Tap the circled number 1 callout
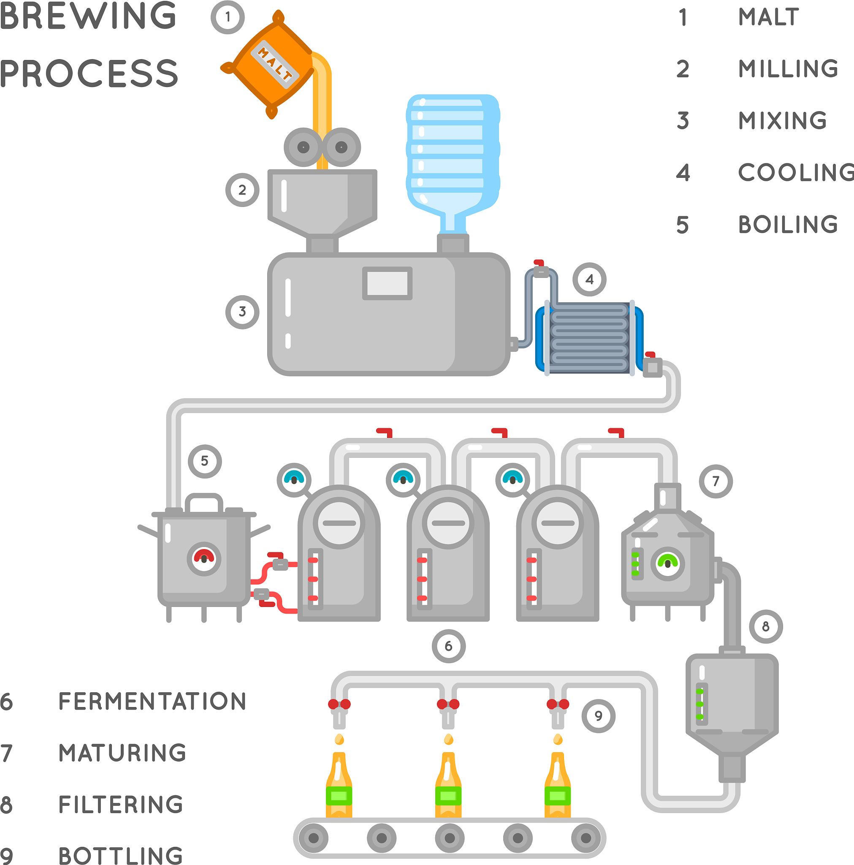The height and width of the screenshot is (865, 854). (228, 17)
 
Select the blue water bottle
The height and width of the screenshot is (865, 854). (453, 152)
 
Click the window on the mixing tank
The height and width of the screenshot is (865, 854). (387, 283)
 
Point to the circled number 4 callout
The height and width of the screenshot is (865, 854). (589, 279)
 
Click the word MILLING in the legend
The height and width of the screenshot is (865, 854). (788, 69)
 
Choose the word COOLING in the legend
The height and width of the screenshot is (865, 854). (796, 173)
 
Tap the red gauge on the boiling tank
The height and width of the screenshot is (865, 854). (204, 558)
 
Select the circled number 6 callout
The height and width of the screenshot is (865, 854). (448, 646)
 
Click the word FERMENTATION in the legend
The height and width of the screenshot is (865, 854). (152, 702)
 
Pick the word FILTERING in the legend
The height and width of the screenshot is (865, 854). (121, 805)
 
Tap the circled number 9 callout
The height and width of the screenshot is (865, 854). (599, 716)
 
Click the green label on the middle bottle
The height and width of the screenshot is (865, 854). (448, 796)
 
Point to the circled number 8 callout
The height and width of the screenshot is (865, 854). (766, 626)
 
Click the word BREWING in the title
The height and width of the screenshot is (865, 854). (88, 16)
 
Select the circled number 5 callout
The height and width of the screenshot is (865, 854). (205, 461)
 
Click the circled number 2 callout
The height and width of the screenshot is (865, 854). (242, 190)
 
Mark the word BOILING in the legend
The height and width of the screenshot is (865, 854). (788, 225)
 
